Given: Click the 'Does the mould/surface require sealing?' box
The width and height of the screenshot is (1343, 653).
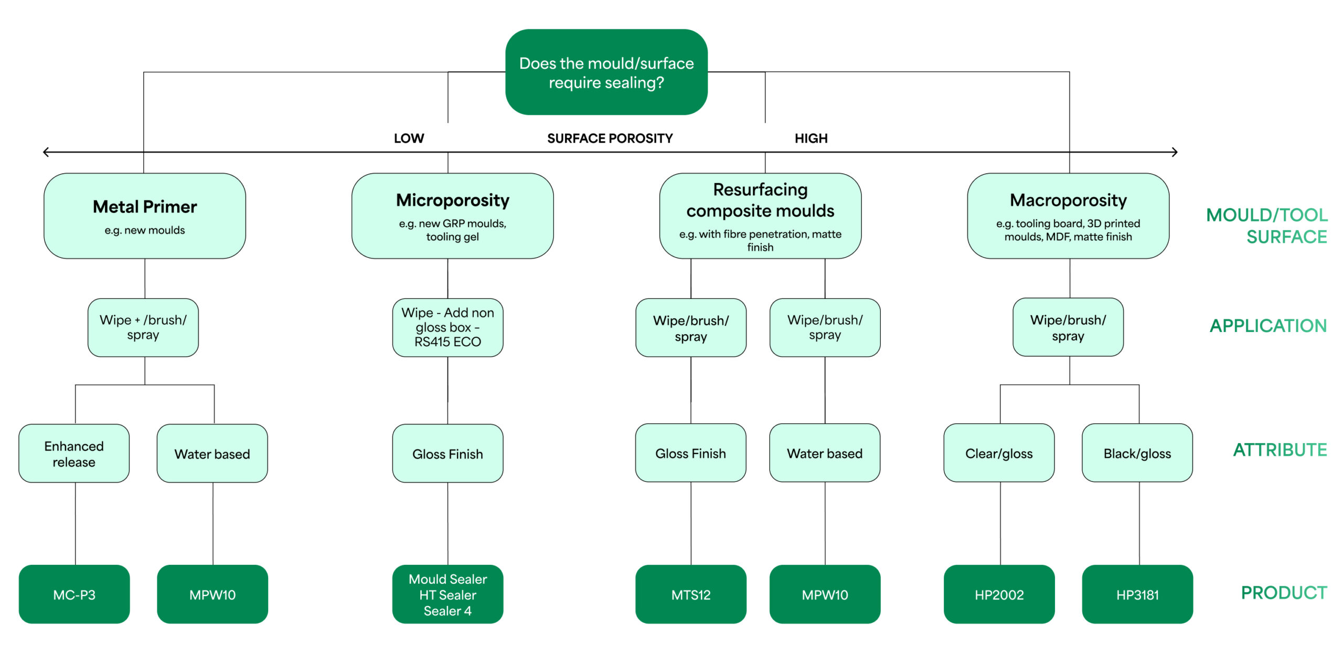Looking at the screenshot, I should click(606, 72).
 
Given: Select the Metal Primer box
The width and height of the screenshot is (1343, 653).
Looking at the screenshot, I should click(145, 216).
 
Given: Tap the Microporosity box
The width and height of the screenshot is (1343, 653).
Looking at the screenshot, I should click(452, 216).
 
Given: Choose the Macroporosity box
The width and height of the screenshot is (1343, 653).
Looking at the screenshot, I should click(1068, 216).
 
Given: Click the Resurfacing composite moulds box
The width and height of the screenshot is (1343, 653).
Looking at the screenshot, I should click(760, 216).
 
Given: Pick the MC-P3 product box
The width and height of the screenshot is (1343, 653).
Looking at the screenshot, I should click(74, 594).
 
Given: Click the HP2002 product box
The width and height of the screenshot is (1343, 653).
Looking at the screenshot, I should click(999, 594).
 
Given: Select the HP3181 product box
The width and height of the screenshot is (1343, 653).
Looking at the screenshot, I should click(1137, 594).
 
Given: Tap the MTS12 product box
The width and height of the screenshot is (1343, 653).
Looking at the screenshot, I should click(690, 594).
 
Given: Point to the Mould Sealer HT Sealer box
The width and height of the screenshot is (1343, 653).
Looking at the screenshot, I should click(447, 594).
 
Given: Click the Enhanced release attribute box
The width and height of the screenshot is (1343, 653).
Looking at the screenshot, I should click(74, 454).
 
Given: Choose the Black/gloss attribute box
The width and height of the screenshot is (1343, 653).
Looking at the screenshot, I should click(1137, 453).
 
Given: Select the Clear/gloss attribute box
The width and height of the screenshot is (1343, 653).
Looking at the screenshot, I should click(999, 453).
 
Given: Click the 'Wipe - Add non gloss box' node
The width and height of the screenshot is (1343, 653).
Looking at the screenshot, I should click(447, 327).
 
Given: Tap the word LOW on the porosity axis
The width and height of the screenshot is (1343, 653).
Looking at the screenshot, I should click(409, 138).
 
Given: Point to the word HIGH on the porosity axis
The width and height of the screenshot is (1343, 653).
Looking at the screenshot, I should click(811, 138).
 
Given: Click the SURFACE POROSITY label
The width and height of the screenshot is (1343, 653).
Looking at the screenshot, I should click(610, 138).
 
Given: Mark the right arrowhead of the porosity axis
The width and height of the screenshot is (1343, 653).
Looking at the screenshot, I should click(1175, 152).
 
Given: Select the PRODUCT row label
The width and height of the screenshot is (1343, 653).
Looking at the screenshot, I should click(1284, 593).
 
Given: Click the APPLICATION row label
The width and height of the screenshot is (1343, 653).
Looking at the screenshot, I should click(1268, 326).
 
